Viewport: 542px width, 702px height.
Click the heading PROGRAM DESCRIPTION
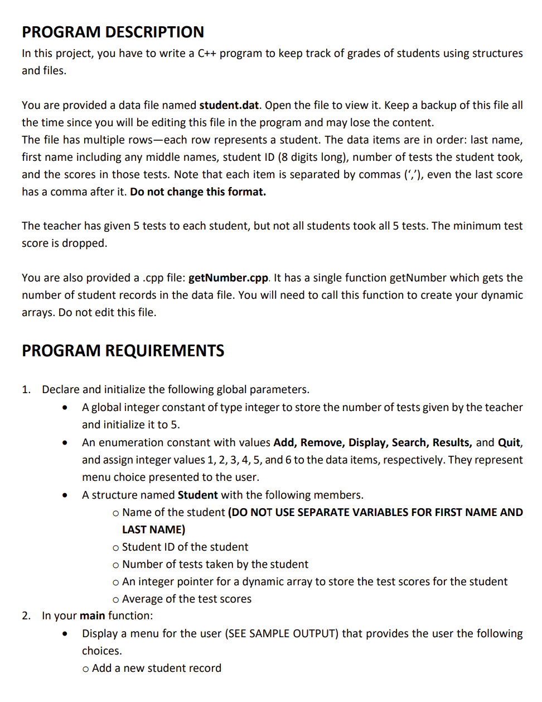pyautogui.click(x=113, y=32)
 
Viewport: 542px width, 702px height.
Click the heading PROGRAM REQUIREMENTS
pyautogui.click(x=123, y=351)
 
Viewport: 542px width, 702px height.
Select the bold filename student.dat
pyautogui.click(x=229, y=106)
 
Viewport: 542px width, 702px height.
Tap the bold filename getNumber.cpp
pyautogui.click(x=229, y=278)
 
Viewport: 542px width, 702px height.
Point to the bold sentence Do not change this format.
pyautogui.click(x=198, y=192)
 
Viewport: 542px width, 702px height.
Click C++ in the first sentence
pyautogui.click(x=207, y=54)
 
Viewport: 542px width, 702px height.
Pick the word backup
pyautogui.click(x=444, y=106)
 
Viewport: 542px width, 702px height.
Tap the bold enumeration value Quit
pyautogui.click(x=509, y=443)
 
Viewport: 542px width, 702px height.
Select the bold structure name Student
pyautogui.click(x=197, y=495)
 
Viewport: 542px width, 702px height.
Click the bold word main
pyautogui.click(x=92, y=616)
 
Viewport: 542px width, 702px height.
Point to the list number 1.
pyautogui.click(x=26, y=390)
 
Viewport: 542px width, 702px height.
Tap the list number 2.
pyautogui.click(x=26, y=616)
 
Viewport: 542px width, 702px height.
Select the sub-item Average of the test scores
pyautogui.click(x=186, y=599)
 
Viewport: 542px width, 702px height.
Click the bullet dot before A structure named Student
pyautogui.click(x=66, y=495)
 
